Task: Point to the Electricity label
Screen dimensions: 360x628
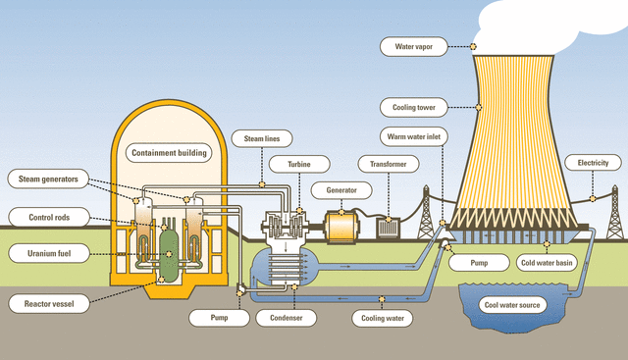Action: click(x=593, y=162)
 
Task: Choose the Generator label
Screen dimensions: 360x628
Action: click(x=334, y=188)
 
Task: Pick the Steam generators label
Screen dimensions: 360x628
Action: click(x=48, y=179)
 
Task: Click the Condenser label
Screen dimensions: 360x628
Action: click(x=285, y=318)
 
